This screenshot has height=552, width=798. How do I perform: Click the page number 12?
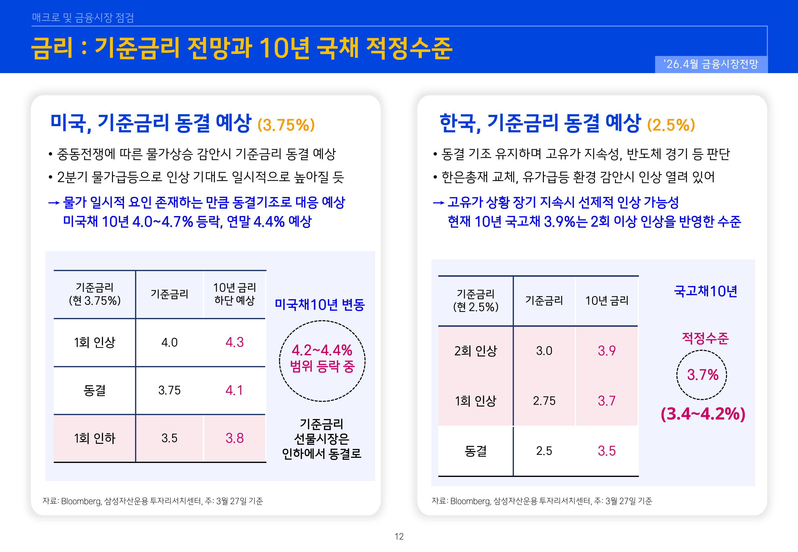pyautogui.click(x=399, y=537)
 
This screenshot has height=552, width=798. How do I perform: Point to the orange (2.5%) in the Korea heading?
pyautogui.click(x=671, y=125)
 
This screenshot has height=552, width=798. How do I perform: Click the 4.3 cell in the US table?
pyautogui.click(x=235, y=342)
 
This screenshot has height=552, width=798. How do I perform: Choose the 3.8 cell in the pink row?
pyautogui.click(x=235, y=438)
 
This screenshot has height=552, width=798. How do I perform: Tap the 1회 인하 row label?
pyautogui.click(x=95, y=438)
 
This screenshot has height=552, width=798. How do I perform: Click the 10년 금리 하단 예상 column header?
pyautogui.click(x=235, y=294)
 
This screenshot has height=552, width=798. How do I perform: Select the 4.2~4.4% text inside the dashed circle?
pyautogui.click(x=322, y=350)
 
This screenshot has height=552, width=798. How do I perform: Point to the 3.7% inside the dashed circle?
pyautogui.click(x=702, y=375)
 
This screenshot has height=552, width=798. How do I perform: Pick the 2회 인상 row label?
pyautogui.click(x=475, y=351)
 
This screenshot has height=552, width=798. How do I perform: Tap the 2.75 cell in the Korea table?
pyautogui.click(x=544, y=401)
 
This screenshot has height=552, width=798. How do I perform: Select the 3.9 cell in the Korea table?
pyautogui.click(x=607, y=351)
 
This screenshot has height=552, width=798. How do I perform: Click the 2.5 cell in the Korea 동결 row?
pyautogui.click(x=544, y=451)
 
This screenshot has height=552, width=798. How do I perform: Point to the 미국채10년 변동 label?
pyautogui.click(x=320, y=305)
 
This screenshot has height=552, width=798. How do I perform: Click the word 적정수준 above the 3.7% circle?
pyautogui.click(x=705, y=338)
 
